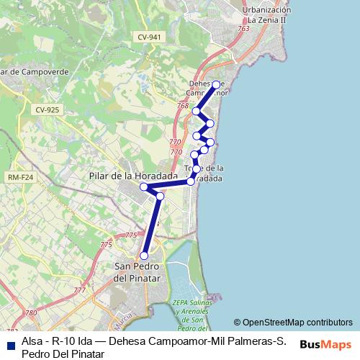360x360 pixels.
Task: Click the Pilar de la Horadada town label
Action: click(x=133, y=175)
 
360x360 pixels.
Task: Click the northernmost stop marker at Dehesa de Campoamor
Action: click(x=216, y=84)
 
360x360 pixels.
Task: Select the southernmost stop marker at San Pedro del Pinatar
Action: click(x=144, y=256)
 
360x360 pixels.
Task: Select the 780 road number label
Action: click(x=30, y=313)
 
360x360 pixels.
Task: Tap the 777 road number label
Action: click(x=79, y=290)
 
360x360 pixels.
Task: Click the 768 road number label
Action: click(x=183, y=107)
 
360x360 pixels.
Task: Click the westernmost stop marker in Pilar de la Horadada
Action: click(x=144, y=187)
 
